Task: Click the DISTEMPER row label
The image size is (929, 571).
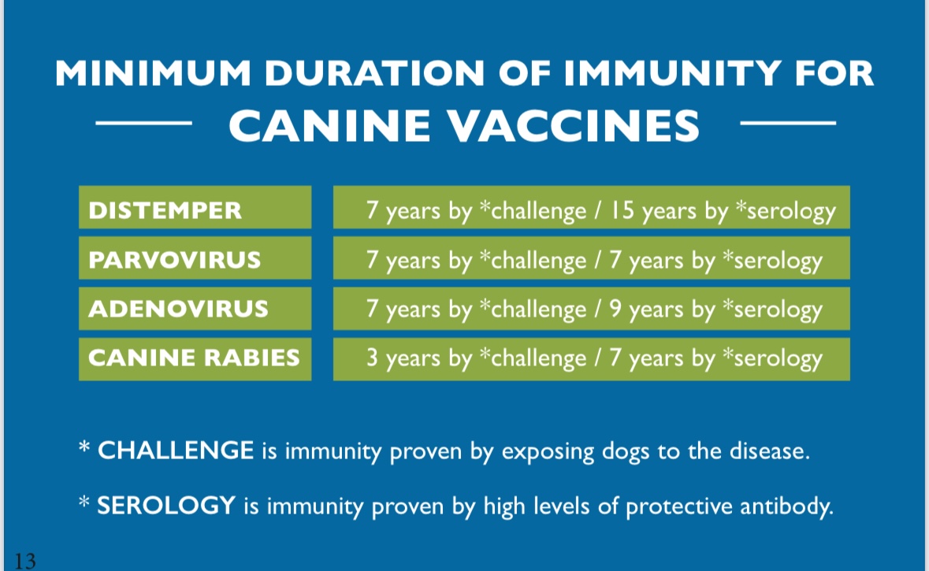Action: click(165, 210)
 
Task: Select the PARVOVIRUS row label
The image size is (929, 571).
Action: click(175, 260)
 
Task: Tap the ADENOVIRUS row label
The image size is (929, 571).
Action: click(178, 309)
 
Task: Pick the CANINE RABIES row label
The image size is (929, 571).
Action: click(194, 358)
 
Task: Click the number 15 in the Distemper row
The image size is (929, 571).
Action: click(622, 210)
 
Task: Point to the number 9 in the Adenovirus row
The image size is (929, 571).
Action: click(615, 309)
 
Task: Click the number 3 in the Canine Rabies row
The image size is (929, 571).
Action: click(372, 358)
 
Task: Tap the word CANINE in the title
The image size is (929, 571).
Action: click(329, 125)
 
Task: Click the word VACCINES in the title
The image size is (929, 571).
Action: click(574, 125)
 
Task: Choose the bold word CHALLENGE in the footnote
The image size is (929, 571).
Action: click(176, 450)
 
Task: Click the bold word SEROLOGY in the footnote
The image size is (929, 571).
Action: click(166, 506)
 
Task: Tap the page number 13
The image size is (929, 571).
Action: click(25, 560)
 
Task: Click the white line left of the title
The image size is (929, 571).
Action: click(144, 123)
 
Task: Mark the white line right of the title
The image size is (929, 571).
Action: click(788, 123)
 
